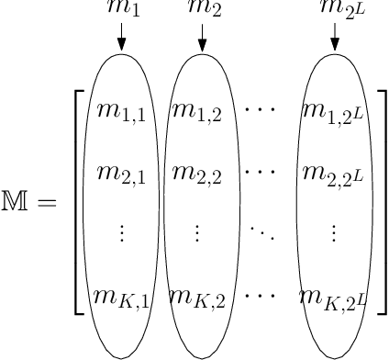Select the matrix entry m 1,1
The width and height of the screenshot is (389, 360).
click(120, 114)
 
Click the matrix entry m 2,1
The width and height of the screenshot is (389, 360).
click(120, 174)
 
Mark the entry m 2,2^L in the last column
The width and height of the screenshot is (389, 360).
click(334, 173)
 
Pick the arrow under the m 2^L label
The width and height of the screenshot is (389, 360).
click(334, 38)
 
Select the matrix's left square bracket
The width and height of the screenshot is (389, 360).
click(79, 201)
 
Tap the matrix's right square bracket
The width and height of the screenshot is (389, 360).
click(381, 201)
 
